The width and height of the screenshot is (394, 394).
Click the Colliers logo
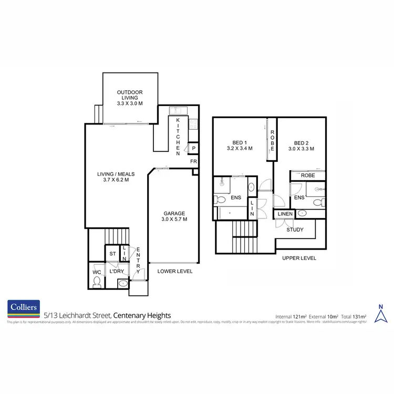point(24,308)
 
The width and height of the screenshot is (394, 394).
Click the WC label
point(96,272)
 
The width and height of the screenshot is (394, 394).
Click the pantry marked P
point(193,149)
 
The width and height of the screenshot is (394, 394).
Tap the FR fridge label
point(193,161)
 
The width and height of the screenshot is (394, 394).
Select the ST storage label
point(112,254)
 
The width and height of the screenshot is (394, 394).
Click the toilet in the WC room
point(96,283)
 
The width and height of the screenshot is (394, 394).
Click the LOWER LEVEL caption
point(175,272)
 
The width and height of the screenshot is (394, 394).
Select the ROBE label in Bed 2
point(308,175)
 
